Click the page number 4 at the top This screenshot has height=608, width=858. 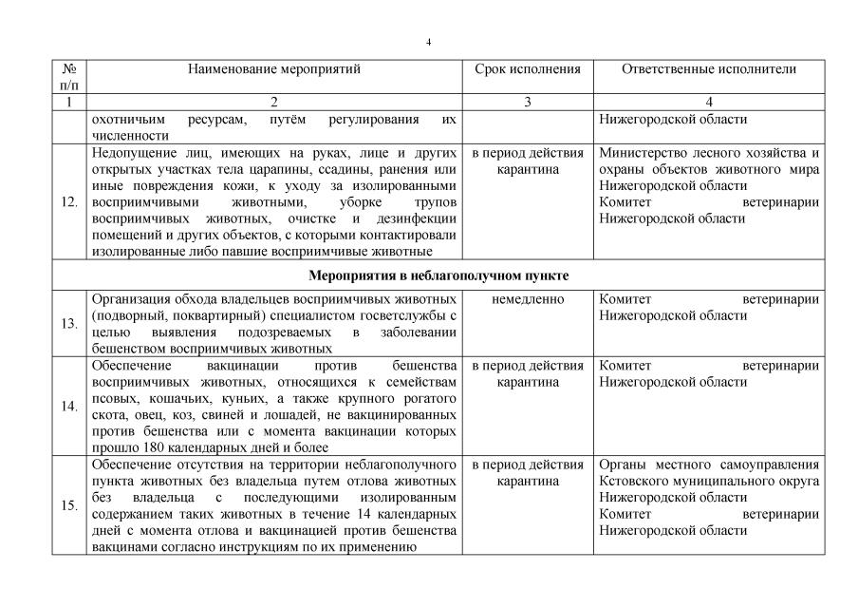(x=429, y=42)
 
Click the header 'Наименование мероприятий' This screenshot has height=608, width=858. (x=274, y=69)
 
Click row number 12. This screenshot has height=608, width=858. (x=68, y=202)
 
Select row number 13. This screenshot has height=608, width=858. (x=68, y=323)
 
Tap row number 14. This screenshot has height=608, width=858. (x=68, y=406)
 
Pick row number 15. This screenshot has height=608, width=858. (x=68, y=505)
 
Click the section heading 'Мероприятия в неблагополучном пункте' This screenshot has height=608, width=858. (x=438, y=275)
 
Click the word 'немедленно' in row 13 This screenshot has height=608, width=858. (x=528, y=299)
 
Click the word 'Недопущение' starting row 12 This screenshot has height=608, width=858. (x=129, y=152)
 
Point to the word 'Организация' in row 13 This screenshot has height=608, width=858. (x=128, y=299)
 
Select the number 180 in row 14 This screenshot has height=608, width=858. (x=155, y=447)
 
